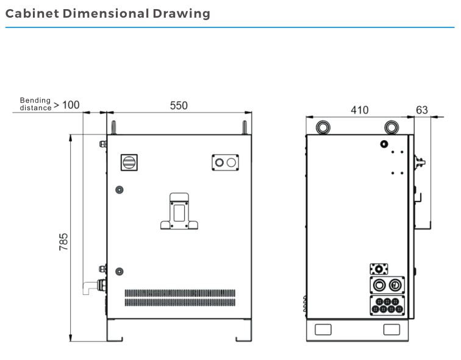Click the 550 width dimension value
point(179,105)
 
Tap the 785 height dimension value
point(63,242)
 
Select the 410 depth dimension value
point(360,110)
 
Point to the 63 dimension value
point(422,110)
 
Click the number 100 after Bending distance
point(71,105)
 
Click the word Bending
point(35,101)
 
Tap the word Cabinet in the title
point(32,13)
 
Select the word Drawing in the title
point(181,14)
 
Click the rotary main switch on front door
point(129,163)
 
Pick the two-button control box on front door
point(225,163)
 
